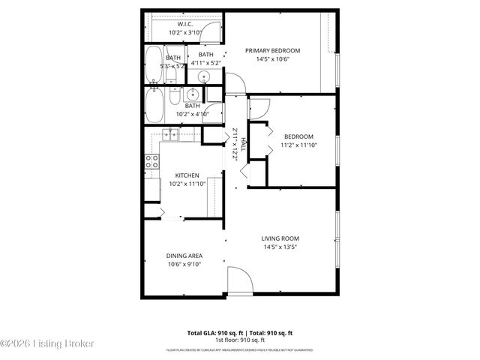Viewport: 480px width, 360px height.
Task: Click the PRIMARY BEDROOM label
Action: [272, 51]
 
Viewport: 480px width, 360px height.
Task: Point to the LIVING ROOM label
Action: [280, 238]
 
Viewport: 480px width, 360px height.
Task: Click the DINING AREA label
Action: [184, 256]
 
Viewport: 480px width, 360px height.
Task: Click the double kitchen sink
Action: [170, 134]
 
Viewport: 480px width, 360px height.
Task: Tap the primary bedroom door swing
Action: [235, 81]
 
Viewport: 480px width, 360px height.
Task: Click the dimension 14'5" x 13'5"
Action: [280, 247]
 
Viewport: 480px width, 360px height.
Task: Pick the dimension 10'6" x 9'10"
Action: [184, 264]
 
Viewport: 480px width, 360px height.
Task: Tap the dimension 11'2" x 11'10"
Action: [298, 145]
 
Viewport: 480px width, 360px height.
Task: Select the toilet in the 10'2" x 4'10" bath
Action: [174, 96]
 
